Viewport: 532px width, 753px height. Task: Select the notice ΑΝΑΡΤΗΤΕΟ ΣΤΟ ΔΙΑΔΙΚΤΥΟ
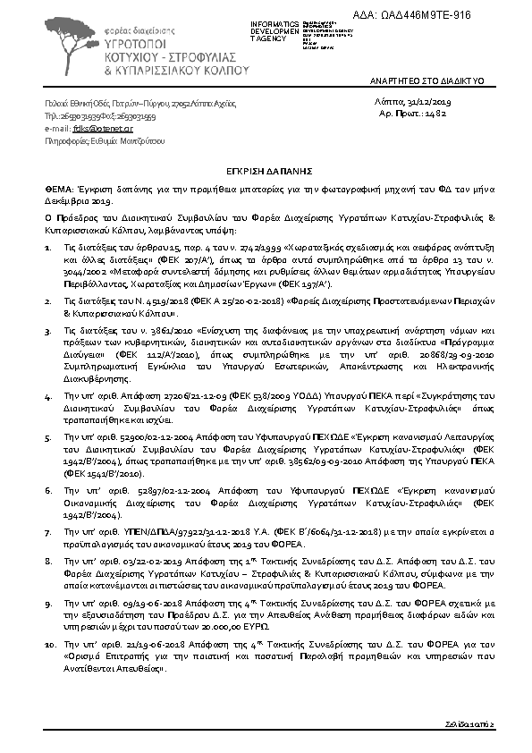(426, 81)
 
